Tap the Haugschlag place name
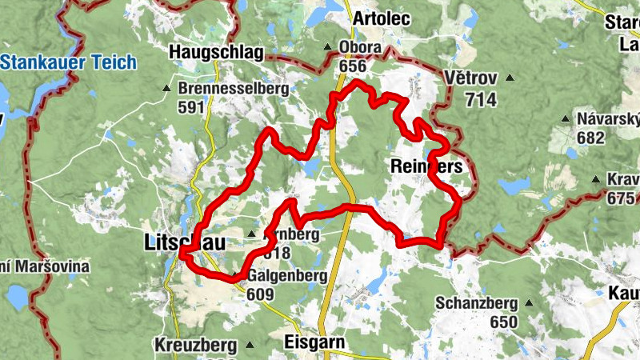[216, 53]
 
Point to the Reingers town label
[426, 166]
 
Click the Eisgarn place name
[314, 342]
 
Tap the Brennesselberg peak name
[233, 89]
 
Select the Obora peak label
[359, 47]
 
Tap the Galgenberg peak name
[287, 277]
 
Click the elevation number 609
[261, 294]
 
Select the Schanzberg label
[472, 303]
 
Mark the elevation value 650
[504, 322]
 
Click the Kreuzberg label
[197, 346]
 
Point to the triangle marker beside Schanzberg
[528, 303]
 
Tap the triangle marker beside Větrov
[508, 78]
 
